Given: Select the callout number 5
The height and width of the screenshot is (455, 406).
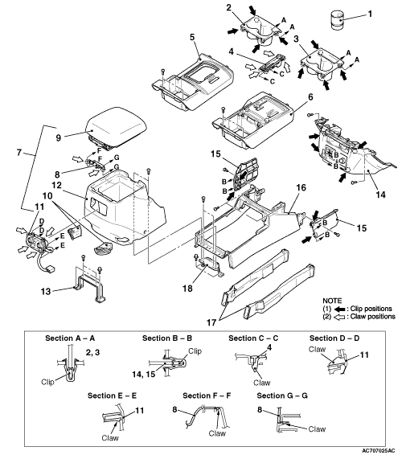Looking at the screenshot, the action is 192,37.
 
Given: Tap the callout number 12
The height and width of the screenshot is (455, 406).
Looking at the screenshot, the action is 57,185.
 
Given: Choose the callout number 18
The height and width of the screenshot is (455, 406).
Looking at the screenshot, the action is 188,288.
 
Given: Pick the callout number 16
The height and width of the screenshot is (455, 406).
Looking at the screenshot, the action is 301,188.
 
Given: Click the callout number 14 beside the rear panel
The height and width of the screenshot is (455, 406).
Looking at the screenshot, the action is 380,194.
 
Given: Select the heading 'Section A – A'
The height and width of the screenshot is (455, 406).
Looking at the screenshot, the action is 70,338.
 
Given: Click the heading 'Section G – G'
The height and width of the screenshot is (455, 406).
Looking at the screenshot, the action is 282,396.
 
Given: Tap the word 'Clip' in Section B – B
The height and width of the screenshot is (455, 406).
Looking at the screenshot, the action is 195,351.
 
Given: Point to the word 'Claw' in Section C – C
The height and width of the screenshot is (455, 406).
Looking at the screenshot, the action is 262,383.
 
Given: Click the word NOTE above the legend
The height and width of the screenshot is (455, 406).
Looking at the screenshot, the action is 332,301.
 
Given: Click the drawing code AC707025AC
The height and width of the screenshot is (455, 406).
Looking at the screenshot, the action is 378,450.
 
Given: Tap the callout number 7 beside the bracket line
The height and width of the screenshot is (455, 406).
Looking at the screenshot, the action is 19,153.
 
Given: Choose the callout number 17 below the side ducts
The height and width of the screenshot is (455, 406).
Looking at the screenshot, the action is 212,322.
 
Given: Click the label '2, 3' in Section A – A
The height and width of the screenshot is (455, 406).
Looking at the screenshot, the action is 93,352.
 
